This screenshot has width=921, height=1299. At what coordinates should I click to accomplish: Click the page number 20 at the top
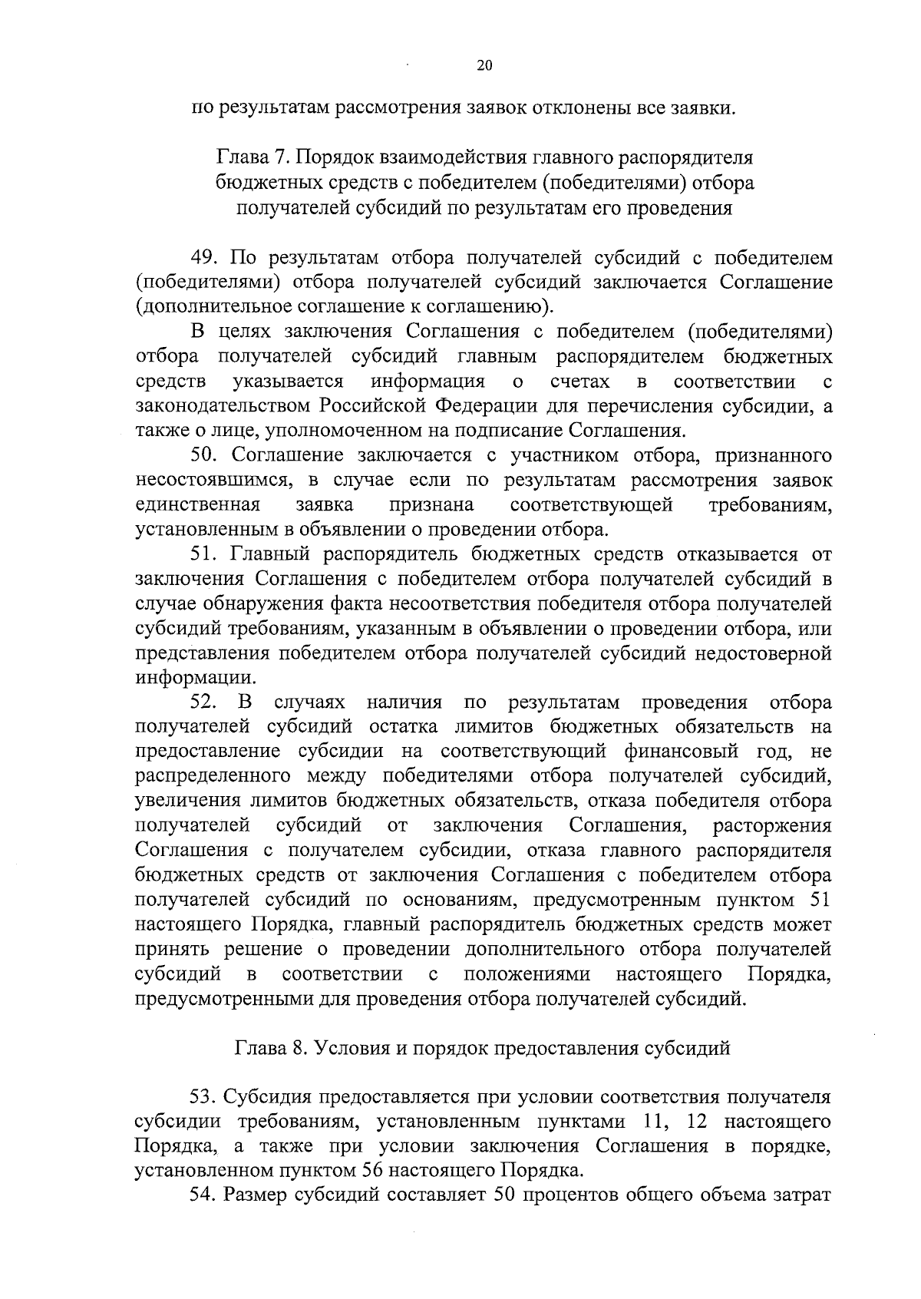pyautogui.click(x=484, y=66)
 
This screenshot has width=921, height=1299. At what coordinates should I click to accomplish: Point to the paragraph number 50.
pyautogui.click(x=206, y=456)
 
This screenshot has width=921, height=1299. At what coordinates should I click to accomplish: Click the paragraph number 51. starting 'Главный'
pyautogui.click(x=206, y=555)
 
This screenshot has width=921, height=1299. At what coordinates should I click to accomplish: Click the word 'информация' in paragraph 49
pyautogui.click(x=427, y=382)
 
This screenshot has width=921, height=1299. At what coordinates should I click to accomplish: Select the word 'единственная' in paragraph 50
pyautogui.click(x=197, y=505)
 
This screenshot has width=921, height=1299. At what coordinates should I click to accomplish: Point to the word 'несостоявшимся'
pyautogui.click(x=213, y=481)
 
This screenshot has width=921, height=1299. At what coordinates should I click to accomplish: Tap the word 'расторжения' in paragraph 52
pyautogui.click(x=772, y=826)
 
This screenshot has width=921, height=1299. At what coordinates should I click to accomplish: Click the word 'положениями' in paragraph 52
pyautogui.click(x=527, y=975)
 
